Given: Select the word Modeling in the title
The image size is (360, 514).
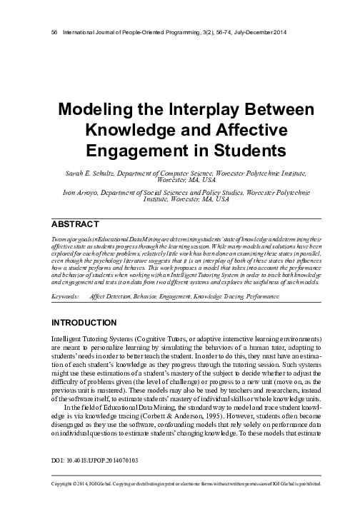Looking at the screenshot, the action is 90,112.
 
